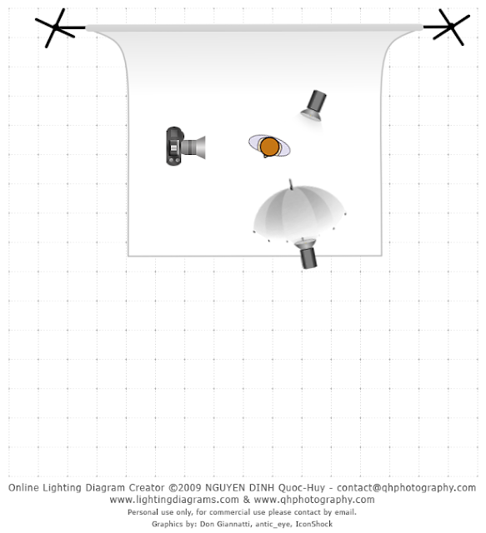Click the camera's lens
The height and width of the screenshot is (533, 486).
(x=193, y=147)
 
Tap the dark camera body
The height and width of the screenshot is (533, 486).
(x=174, y=147)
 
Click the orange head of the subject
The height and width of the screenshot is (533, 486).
(x=269, y=147)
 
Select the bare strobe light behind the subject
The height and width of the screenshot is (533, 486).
(x=313, y=106)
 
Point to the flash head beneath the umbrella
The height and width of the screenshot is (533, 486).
(x=307, y=253)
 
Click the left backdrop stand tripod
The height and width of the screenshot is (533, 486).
(x=57, y=27)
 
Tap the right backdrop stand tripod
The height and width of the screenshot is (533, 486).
(x=449, y=27)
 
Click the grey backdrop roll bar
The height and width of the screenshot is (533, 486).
(x=254, y=27)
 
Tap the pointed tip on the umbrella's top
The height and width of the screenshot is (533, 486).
(x=290, y=180)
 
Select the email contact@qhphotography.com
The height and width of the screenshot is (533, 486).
(x=406, y=488)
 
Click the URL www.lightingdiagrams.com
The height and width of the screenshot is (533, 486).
(x=174, y=500)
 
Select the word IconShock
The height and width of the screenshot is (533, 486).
(x=313, y=524)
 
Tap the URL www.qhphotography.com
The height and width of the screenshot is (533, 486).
(x=314, y=500)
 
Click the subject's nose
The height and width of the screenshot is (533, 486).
(x=265, y=157)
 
